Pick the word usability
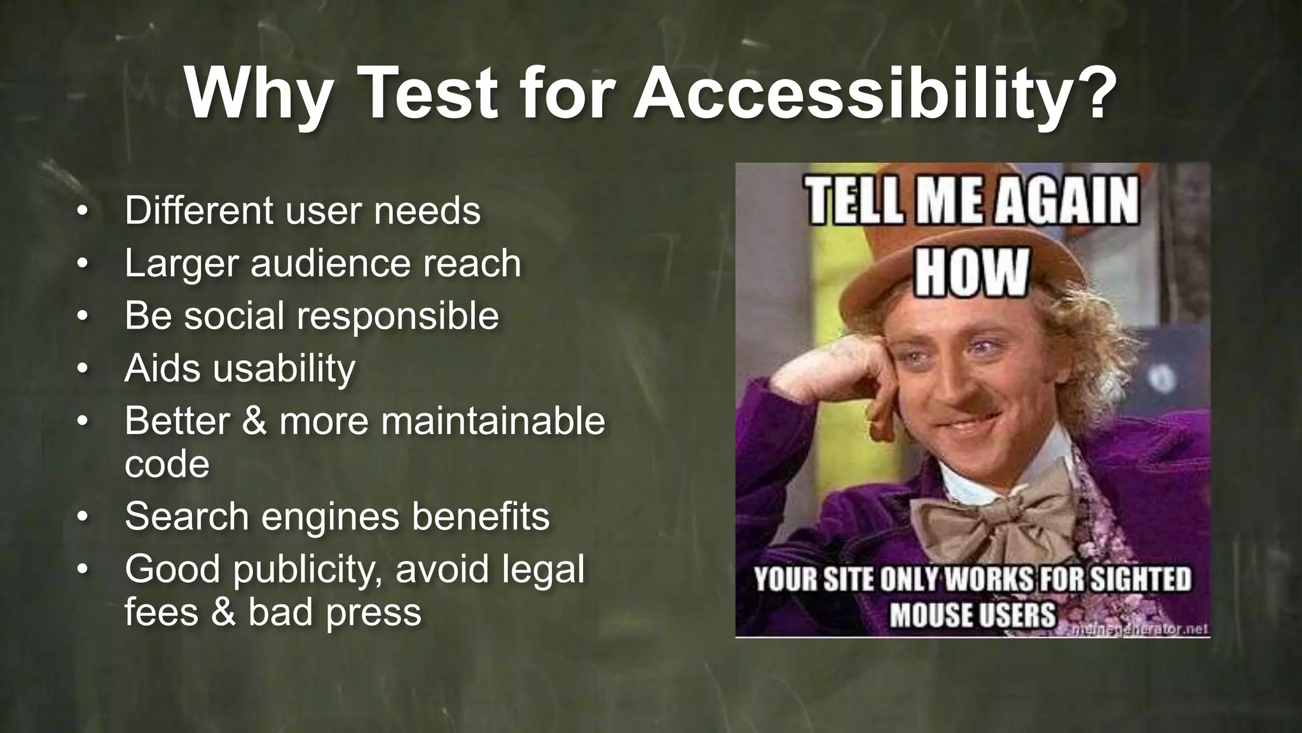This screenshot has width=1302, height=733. [x=284, y=369]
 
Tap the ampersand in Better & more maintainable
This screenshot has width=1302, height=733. [x=254, y=421]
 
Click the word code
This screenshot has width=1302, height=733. [x=167, y=464]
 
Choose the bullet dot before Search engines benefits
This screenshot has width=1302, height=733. [x=81, y=516]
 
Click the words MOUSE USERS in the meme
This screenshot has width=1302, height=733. [x=972, y=615]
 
